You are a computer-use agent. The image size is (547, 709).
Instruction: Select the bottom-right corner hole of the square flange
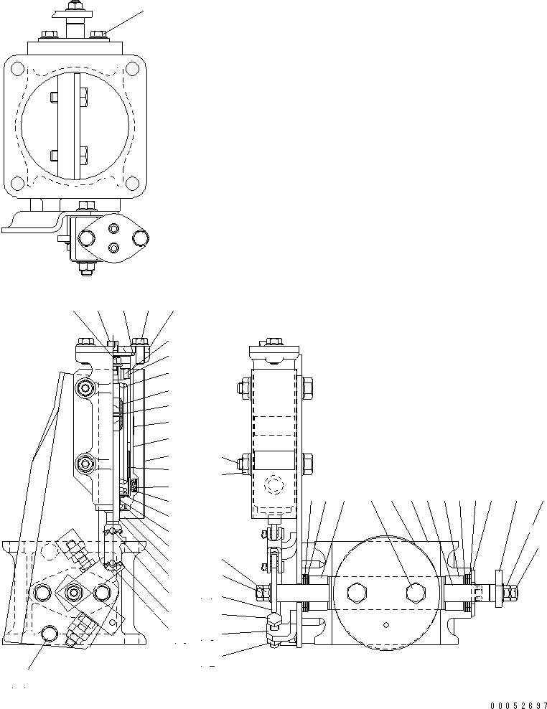(x=134, y=182)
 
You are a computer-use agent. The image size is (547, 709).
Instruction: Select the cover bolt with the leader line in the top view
(x=99, y=33)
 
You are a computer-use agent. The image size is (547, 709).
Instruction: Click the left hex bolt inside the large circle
(x=356, y=592)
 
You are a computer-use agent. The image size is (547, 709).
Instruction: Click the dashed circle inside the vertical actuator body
(x=274, y=486)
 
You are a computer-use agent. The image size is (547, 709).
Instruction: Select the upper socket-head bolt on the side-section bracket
(x=87, y=388)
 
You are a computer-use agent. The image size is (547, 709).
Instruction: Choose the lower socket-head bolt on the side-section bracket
(x=87, y=464)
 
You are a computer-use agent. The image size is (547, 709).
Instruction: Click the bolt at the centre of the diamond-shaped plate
(x=75, y=591)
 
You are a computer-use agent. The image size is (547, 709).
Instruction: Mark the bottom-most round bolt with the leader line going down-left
(x=50, y=634)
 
